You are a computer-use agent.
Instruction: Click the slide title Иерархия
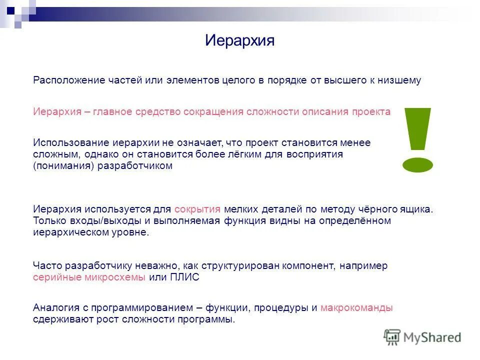(239, 40)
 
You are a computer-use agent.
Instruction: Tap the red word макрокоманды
(356, 308)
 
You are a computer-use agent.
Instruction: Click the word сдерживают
(62, 320)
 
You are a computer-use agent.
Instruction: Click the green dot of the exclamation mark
(417, 164)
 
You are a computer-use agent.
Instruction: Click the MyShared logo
(422, 337)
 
